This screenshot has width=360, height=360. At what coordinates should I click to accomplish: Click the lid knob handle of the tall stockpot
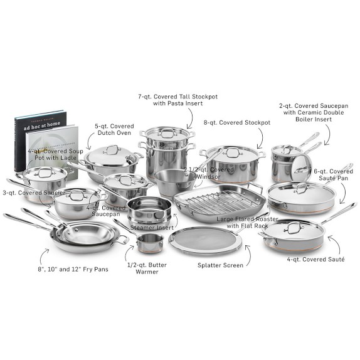167,132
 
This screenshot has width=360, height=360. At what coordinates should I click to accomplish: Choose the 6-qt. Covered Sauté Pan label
333,175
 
